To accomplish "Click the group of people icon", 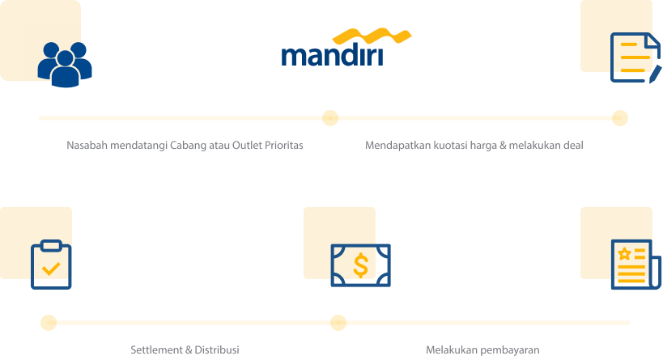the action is [x=65, y=65].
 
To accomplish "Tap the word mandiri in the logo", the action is [x=333, y=55].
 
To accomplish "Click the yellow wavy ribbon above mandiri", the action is [x=372, y=36].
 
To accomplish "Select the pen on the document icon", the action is [x=655, y=74].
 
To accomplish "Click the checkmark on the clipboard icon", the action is [x=51, y=269].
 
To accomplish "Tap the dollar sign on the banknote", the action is [x=361, y=265].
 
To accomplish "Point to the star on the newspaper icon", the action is [x=624, y=254].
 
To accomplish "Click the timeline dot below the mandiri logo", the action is [x=330, y=118].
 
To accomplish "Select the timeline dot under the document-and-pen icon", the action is [x=620, y=118].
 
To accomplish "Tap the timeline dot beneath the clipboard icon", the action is [x=49, y=323].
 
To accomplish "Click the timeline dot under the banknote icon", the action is [x=338, y=323].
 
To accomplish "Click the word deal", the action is [x=573, y=146].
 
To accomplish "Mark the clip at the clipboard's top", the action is [x=51, y=246].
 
